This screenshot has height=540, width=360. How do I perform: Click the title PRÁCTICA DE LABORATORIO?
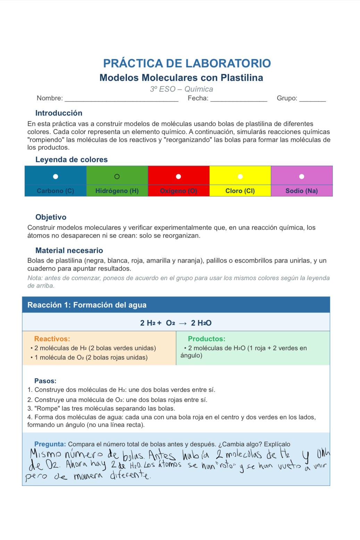pos(187,63)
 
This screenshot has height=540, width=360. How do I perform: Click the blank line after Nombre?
pos(122,99)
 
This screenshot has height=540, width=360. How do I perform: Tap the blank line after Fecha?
pos(239,99)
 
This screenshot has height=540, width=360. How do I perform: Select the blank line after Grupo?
pos(312,99)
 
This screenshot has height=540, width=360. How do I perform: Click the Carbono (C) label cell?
pos(56,191)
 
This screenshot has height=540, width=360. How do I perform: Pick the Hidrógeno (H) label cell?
pos(117,191)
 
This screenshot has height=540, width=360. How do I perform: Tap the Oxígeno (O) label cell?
pos(178,191)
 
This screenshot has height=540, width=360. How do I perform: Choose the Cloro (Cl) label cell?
pos(240,191)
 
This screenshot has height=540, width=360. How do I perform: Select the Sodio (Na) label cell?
pos(302,191)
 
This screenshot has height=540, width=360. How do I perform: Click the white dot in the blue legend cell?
pos(56,177)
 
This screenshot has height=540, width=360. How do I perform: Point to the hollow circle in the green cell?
pos(117,177)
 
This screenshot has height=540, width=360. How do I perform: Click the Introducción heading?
pos(59,113)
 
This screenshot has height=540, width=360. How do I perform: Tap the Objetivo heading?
pos(51,217)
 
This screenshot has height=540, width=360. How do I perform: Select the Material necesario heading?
pos(69,251)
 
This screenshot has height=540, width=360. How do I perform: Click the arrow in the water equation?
pos(183,323)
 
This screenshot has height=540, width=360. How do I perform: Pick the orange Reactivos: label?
pos(52,339)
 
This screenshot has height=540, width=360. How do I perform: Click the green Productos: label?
pos(207,339)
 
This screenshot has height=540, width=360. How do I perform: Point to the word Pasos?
pos(45,381)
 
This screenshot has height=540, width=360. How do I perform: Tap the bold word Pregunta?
pos(50,444)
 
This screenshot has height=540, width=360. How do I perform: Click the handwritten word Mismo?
pos(45,454)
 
